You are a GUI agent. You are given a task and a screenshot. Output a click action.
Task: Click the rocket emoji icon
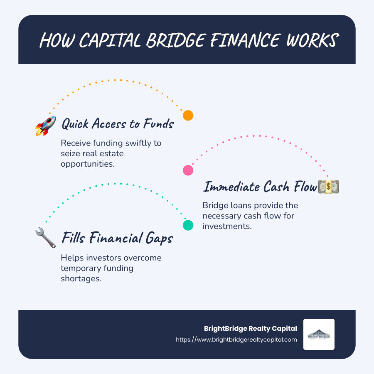[45, 126]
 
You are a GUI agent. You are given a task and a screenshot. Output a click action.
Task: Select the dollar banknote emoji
[328, 186]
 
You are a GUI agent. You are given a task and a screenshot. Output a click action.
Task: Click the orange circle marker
[188, 116]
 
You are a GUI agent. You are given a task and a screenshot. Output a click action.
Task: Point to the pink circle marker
[188, 170]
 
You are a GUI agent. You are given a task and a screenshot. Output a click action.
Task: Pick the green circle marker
[188, 225]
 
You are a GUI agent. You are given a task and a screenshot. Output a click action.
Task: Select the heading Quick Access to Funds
[117, 123]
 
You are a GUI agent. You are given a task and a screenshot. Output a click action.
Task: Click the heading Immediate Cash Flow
[260, 187]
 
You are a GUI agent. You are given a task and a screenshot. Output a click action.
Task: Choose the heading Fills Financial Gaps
[118, 239]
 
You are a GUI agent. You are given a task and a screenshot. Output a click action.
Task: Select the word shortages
[81, 278]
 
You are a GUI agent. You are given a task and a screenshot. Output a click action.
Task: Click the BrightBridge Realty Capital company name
[251, 328]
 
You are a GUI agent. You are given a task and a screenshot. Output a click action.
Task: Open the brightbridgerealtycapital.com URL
[236, 340]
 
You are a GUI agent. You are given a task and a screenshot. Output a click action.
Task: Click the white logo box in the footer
[319, 334]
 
